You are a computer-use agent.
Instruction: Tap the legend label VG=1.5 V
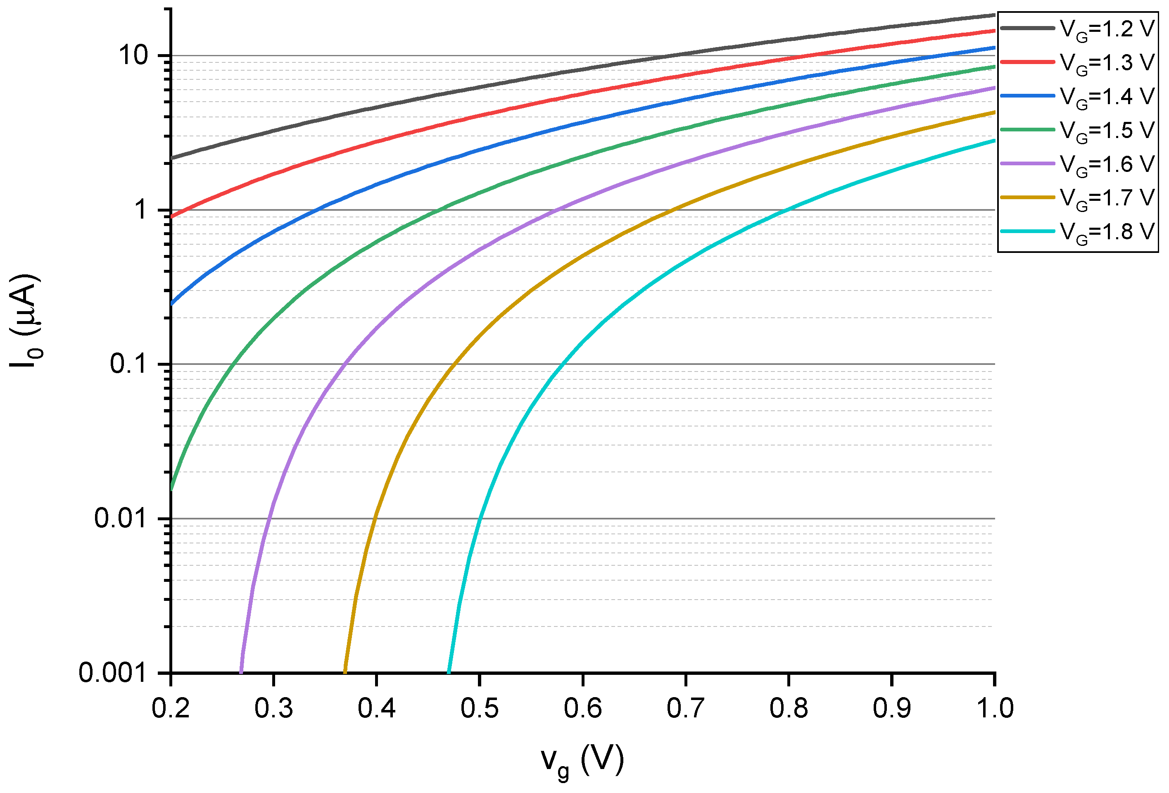coord(1107,130)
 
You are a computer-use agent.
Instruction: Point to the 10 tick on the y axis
coord(134,55)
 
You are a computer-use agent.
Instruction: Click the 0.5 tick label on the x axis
coord(479,708)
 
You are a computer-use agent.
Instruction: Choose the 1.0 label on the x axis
coord(994,708)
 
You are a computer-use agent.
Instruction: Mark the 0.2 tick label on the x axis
coord(171,708)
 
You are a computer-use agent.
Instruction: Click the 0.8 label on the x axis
coord(788,708)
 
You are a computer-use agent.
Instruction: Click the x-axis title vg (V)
coord(582,761)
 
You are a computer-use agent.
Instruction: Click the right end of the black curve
coord(993,15)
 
